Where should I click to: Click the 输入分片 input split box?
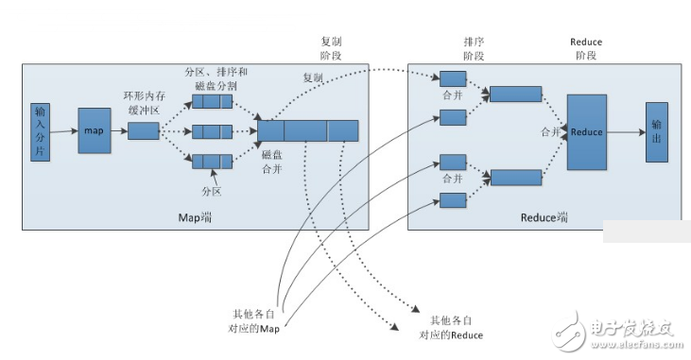click(40, 130)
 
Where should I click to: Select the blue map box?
click(95, 130)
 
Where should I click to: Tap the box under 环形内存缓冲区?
click(144, 130)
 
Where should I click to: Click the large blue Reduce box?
click(586, 132)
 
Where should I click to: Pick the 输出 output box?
click(655, 131)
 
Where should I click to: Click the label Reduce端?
click(544, 217)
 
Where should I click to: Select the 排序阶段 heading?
click(474, 49)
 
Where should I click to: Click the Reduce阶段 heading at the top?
click(586, 49)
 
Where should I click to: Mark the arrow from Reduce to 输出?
click(626, 132)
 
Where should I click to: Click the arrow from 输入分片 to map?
click(63, 131)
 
